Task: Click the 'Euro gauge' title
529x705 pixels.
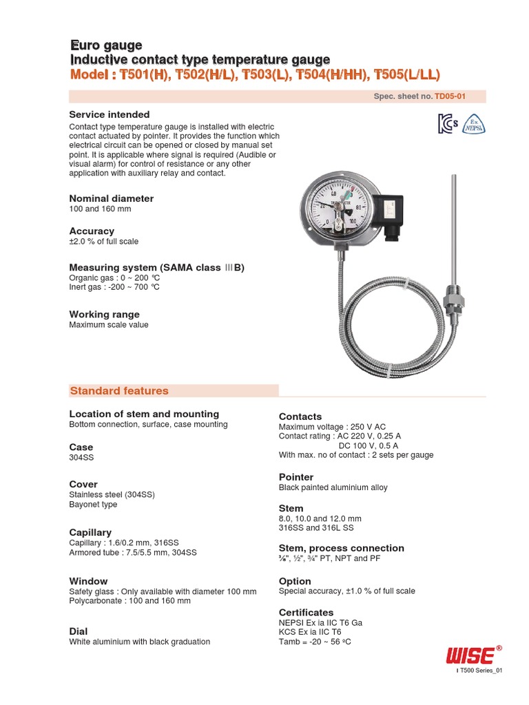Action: [105, 45]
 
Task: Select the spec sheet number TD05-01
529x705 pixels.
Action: [449, 97]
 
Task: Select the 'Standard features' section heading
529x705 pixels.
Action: [119, 391]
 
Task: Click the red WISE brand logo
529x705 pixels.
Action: [469, 654]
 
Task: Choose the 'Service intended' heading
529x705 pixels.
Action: [110, 114]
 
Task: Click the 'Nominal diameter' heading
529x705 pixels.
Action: [111, 198]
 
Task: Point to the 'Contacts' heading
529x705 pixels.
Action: [300, 417]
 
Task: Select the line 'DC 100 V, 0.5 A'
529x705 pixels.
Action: [373, 445]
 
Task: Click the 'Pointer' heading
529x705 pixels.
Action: [296, 477]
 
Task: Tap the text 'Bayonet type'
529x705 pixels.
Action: [93, 505]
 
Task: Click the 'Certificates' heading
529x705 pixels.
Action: [306, 612]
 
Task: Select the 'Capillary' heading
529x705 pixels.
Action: [90, 532]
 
